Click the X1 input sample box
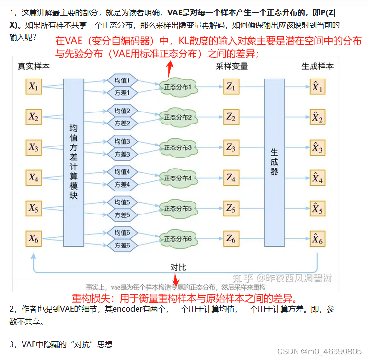(x=34, y=87)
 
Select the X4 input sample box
(x=34, y=178)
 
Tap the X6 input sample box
(x=34, y=238)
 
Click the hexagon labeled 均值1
(x=122, y=80)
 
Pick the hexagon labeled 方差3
(x=122, y=154)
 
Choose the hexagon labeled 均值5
(x=122, y=202)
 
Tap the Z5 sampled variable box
(x=231, y=208)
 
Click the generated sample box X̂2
(x=317, y=117)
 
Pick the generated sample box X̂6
(x=317, y=238)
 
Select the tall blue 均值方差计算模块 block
(x=74, y=163)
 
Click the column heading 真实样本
(x=34, y=67)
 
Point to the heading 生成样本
(x=317, y=67)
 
